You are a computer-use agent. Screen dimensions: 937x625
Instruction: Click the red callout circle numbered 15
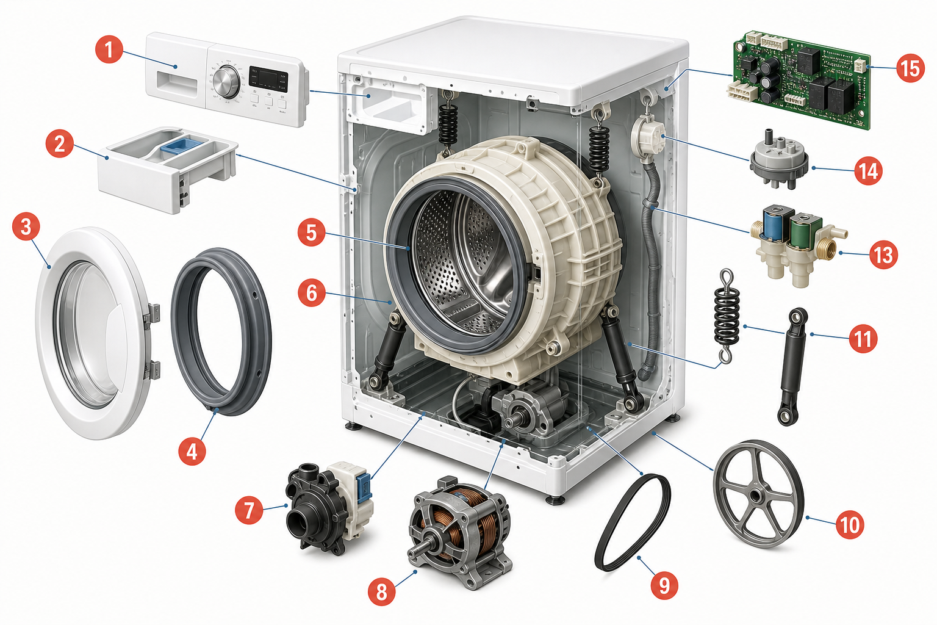tap(911, 68)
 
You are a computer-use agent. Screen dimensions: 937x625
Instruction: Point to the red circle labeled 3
tap(26, 227)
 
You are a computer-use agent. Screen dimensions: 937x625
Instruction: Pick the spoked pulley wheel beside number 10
tap(758, 494)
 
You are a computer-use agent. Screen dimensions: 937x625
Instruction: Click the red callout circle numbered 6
tap(312, 293)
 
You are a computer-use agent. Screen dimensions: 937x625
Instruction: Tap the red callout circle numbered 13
tap(883, 255)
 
